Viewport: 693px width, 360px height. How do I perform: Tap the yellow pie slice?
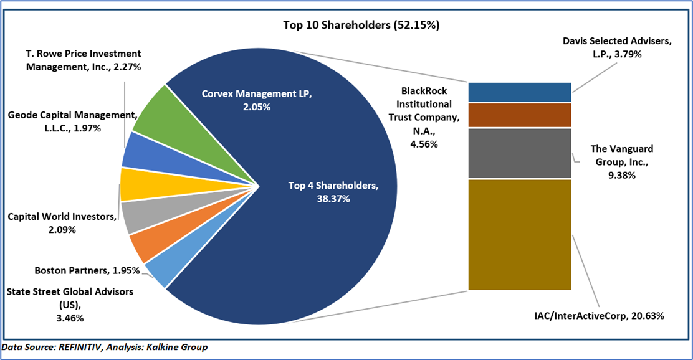tap(134, 184)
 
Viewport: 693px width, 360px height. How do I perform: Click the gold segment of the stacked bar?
tap(520, 234)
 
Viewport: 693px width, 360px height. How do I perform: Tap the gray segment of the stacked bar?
tap(520, 153)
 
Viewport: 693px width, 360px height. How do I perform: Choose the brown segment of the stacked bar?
tap(520, 115)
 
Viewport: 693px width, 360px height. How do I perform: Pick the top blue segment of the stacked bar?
tap(520, 92)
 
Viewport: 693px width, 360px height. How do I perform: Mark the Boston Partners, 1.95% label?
tap(87, 270)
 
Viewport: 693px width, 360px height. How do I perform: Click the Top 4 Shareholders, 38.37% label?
tap(332, 192)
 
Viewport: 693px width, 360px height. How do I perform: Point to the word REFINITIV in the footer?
tap(79, 347)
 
